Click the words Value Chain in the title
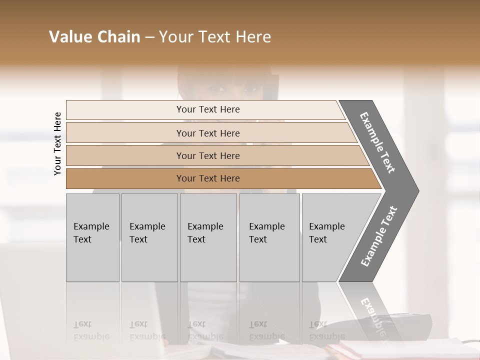94,37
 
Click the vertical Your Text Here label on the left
57,143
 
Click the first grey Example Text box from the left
92,237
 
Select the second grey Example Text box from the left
149,237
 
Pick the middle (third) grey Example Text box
208,237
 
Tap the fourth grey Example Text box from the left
269,237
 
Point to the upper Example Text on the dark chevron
377,142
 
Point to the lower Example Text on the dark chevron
379,236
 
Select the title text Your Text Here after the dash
215,37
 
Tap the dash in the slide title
149,37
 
